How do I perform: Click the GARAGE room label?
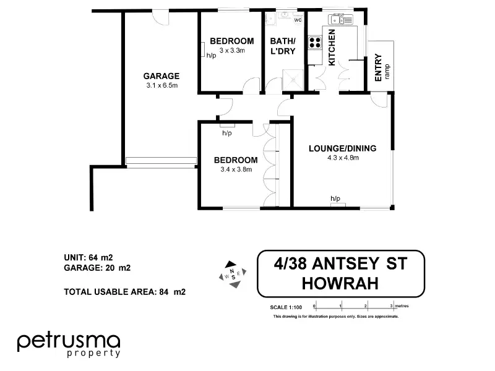[x=161, y=76]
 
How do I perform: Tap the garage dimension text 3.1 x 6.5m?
[x=161, y=85]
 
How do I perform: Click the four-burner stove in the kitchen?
[x=315, y=43]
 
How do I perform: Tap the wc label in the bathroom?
[x=298, y=20]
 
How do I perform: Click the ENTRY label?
[x=379, y=68]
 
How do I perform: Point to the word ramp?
[x=387, y=70]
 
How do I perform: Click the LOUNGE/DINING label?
[x=342, y=148]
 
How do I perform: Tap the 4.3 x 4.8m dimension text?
[x=343, y=158]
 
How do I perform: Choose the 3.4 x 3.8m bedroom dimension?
[x=233, y=169]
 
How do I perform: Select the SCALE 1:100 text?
[x=286, y=307]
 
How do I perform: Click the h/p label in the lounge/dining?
[x=335, y=198]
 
